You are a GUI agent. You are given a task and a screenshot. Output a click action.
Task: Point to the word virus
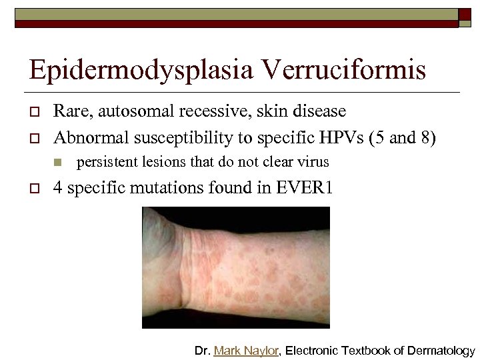click(x=312, y=162)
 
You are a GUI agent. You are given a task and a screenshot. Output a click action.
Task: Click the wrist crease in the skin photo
click(x=179, y=267)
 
